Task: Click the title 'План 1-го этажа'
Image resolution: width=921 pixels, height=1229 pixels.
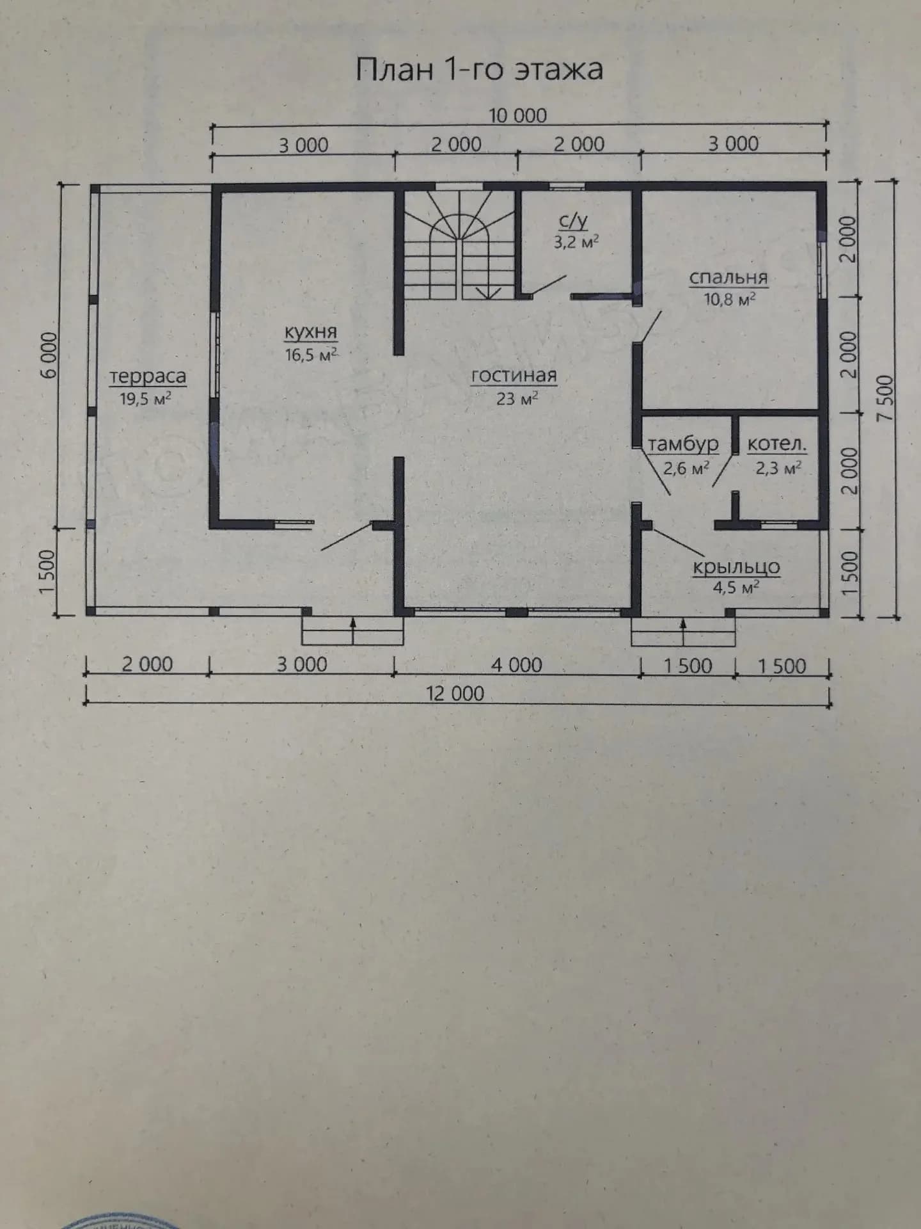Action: [x=479, y=69]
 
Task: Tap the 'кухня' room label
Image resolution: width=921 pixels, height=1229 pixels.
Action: [x=311, y=332]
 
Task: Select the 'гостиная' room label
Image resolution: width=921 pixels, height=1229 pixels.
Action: [x=514, y=375]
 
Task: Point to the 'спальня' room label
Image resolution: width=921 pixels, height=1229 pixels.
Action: [x=728, y=278]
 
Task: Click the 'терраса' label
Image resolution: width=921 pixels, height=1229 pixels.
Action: [x=148, y=376]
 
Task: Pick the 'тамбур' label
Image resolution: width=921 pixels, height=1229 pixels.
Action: [x=684, y=444]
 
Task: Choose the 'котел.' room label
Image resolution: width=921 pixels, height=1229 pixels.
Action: [x=777, y=444]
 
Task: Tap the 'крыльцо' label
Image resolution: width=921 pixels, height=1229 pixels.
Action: [x=737, y=567]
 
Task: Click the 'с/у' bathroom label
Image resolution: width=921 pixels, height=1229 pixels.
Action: [x=573, y=221]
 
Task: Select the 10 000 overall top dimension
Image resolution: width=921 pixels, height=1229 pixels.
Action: [x=518, y=116]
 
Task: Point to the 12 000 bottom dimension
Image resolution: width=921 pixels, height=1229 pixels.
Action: [x=455, y=693]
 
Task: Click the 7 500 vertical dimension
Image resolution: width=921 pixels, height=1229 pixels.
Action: [x=885, y=398]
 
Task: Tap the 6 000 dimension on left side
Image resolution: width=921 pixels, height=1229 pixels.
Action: [x=48, y=356]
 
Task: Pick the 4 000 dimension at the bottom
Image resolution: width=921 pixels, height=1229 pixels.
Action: [x=517, y=665]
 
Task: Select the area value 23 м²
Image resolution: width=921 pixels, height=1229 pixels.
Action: [x=517, y=398]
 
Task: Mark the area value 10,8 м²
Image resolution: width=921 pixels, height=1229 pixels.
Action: [x=730, y=299]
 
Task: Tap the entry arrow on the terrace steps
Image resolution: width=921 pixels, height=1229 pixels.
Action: [x=353, y=631]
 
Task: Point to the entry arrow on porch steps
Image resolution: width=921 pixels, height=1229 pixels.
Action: [x=683, y=632]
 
